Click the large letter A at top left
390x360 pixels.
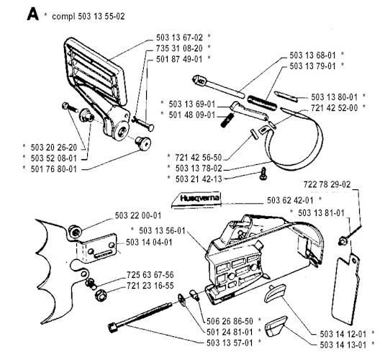(x=32, y=14)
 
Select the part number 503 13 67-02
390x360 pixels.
(x=179, y=37)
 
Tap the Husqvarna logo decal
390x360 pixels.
(x=196, y=199)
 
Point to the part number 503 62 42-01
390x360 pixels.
(x=290, y=200)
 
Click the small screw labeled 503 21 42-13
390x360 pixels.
(x=263, y=174)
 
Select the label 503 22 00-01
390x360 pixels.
(x=138, y=215)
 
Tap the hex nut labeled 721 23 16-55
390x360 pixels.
(x=101, y=295)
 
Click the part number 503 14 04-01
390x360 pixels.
(x=149, y=242)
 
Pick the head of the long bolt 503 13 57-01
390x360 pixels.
(x=113, y=326)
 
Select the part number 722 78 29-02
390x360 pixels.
(x=327, y=184)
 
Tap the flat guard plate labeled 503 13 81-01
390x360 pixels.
(x=345, y=289)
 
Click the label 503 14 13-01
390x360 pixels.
(x=343, y=345)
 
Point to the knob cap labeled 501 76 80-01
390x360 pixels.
(x=143, y=143)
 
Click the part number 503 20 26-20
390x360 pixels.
(x=54, y=148)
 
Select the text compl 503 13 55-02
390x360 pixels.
(x=89, y=17)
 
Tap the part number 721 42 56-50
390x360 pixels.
(x=198, y=158)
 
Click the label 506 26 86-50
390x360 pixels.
(x=230, y=321)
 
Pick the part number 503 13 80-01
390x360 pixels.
(x=335, y=97)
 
